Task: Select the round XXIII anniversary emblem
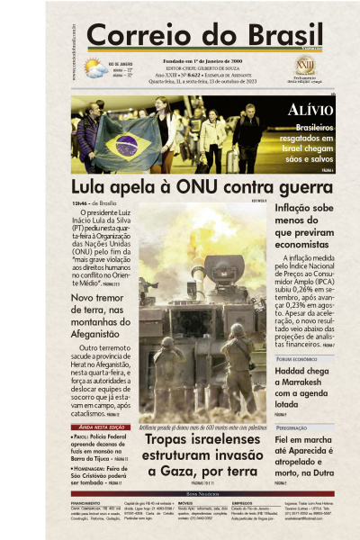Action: tap(305, 66)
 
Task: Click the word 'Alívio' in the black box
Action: tap(310, 111)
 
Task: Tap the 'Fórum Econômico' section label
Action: tap(299, 358)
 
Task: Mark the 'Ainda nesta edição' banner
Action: tap(97, 427)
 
